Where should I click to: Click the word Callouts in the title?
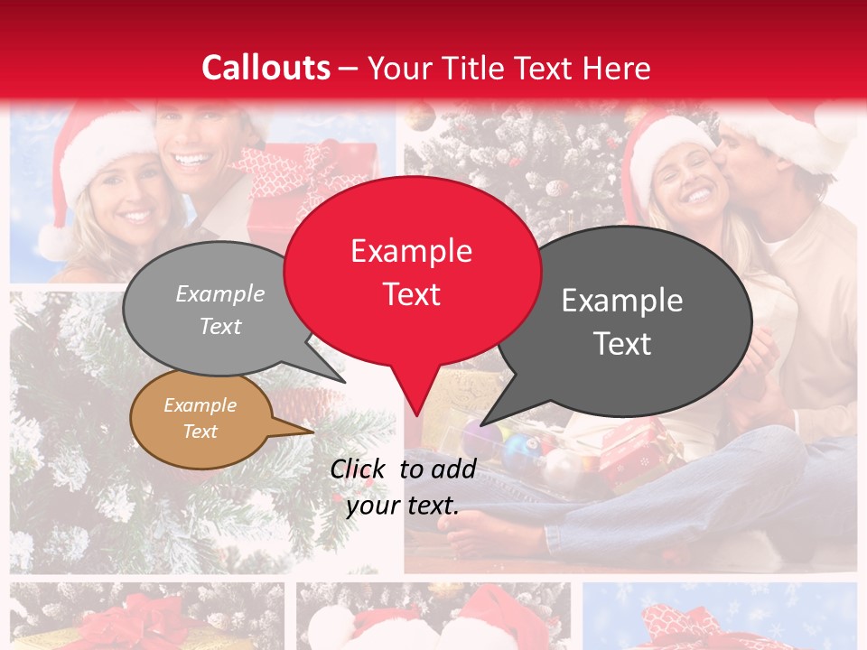pos(266,68)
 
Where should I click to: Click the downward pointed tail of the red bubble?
pos(415,406)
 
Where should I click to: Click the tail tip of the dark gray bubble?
pos(483,423)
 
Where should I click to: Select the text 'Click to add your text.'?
pos(403,487)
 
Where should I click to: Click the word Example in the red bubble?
pos(411,251)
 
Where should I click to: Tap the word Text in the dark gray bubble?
pos(622,344)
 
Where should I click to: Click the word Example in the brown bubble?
pos(200,405)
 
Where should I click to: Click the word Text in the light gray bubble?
pos(220,327)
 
